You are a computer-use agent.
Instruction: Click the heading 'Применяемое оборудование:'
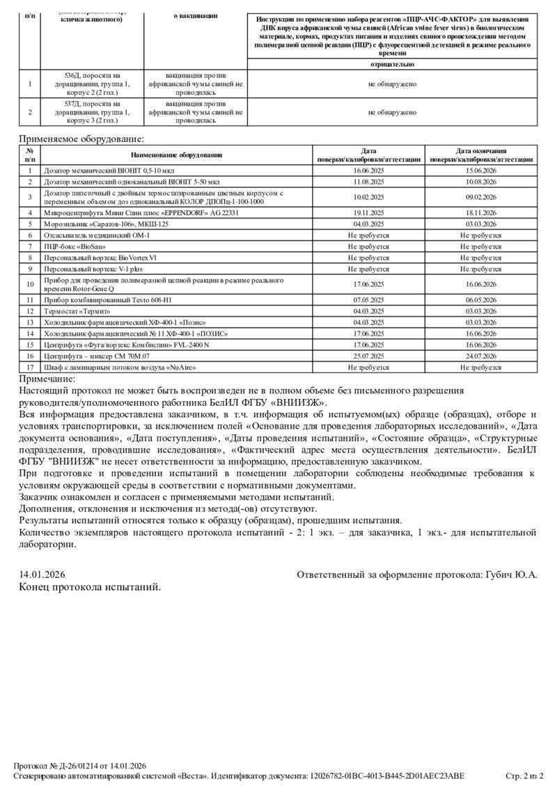pos(81,139)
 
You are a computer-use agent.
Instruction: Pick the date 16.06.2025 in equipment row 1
pos(368,170)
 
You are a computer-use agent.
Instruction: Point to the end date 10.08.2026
pos(481,181)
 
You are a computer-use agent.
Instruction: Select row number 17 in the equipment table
pos(30,366)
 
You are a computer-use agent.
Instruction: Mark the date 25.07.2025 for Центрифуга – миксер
pos(368,356)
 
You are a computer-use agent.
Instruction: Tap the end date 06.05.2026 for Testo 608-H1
pos(481,300)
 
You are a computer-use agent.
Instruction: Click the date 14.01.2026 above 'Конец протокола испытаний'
pos(42,574)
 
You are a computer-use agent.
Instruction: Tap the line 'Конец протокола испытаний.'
pos(90,587)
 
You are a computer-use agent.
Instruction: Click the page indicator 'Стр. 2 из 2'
pos(524,775)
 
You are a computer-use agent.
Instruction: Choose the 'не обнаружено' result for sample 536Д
pos(392,84)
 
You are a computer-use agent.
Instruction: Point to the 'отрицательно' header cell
pos(392,64)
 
